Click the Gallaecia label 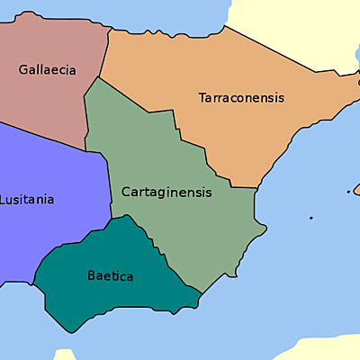(47, 69)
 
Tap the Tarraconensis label (240, 97)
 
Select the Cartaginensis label (166, 192)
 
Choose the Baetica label (110, 276)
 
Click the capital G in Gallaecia (22, 69)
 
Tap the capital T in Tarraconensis (202, 97)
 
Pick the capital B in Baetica (91, 276)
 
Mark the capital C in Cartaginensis (125, 192)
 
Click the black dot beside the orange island (348, 191)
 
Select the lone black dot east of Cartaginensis (310, 218)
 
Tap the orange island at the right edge (356, 189)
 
